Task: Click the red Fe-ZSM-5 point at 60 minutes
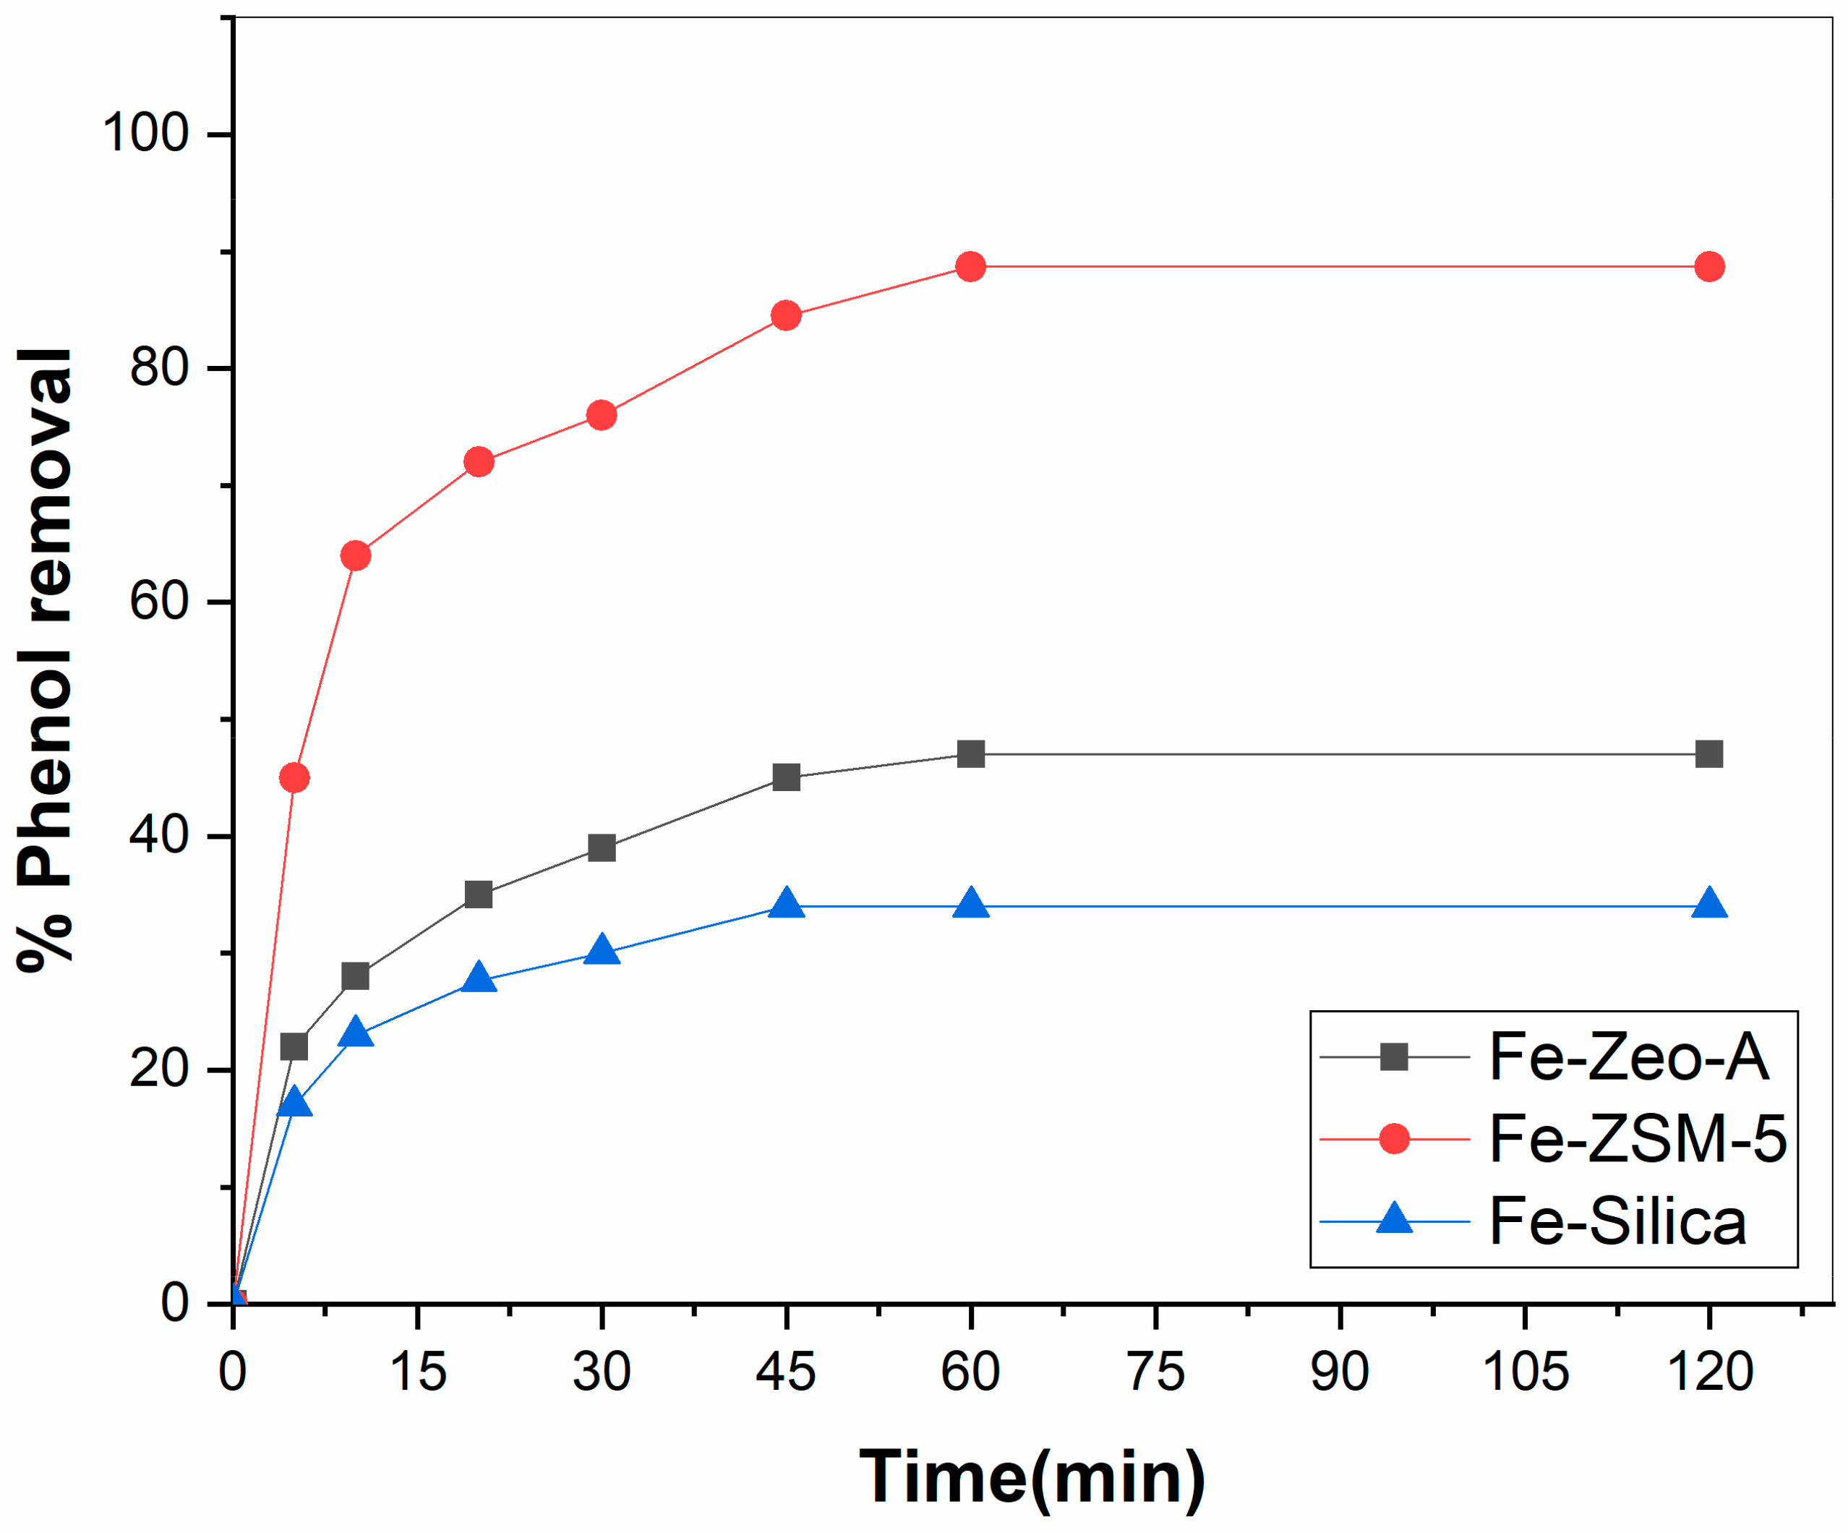(970, 266)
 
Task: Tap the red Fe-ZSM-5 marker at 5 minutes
(294, 777)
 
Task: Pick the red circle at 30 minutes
(601, 414)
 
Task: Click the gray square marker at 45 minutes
(786, 777)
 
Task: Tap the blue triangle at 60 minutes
(970, 904)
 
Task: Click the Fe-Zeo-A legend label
(1628, 1057)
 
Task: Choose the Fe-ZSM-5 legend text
(1638, 1139)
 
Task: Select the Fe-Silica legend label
(1617, 1221)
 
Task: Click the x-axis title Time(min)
(1031, 1477)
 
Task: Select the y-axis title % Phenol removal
(46, 660)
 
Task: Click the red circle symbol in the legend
(1394, 1139)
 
